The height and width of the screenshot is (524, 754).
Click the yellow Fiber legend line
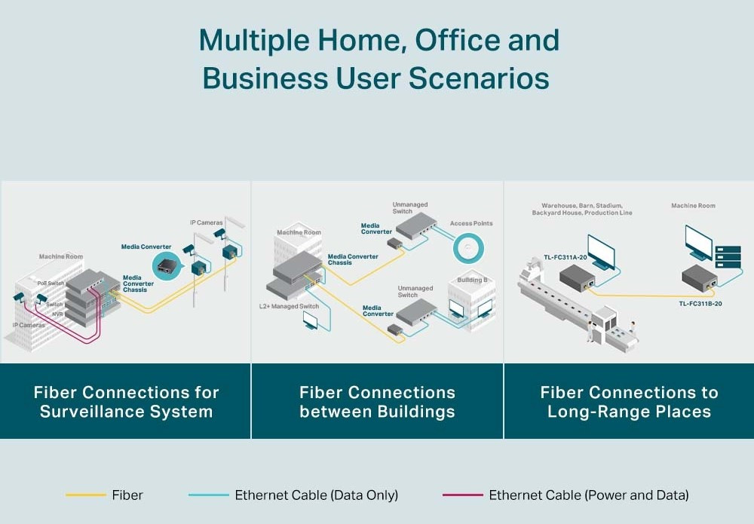tap(85, 495)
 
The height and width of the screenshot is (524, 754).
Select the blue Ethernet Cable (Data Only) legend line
tap(208, 495)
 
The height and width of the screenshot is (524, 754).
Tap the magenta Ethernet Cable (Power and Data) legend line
tap(462, 495)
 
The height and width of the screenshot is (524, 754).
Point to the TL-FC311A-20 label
tap(565, 257)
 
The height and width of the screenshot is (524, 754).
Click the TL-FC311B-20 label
tap(700, 303)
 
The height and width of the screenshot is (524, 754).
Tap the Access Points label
tap(471, 224)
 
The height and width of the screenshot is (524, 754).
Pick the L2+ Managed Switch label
tap(289, 307)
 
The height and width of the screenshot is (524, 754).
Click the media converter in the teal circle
tap(165, 265)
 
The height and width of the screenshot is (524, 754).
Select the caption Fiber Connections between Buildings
tap(377, 402)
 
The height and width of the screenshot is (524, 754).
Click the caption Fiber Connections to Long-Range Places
tap(629, 402)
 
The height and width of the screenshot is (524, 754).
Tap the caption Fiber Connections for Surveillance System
tap(126, 402)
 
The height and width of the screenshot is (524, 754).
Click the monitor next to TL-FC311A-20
tap(601, 251)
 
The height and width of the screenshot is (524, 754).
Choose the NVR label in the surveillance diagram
tap(58, 314)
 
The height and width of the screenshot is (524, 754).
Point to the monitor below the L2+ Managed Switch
tap(311, 320)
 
